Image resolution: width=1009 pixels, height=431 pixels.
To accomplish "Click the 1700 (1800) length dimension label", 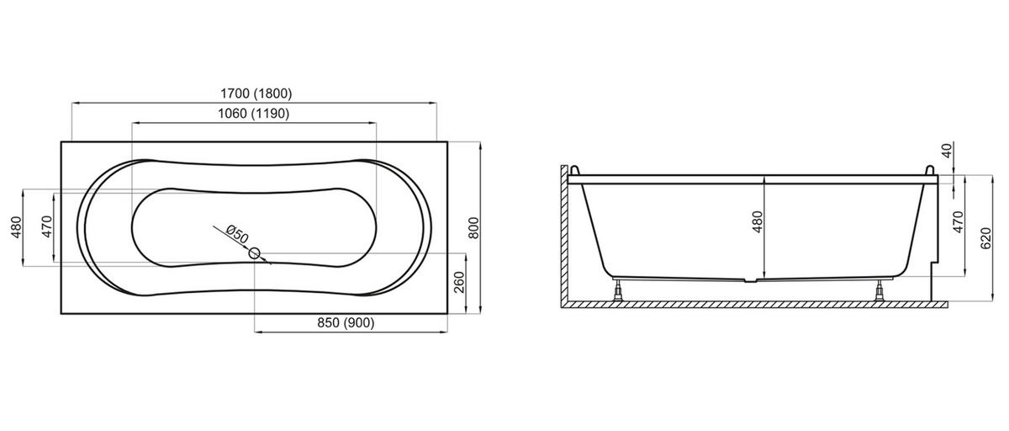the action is click(256, 93).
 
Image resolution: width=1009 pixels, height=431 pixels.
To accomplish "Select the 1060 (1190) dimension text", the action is click(254, 113).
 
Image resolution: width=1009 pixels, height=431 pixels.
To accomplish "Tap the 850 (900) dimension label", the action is click(346, 322).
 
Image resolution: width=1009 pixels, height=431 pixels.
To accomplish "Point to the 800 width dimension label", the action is click(473, 228).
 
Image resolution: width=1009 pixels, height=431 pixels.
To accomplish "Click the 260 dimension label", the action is click(459, 282).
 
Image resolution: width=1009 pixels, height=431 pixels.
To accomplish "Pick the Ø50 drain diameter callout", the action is click(237, 234).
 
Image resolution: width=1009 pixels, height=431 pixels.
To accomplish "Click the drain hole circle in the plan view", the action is click(254, 253).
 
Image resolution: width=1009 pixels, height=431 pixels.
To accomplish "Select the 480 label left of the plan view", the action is click(16, 227).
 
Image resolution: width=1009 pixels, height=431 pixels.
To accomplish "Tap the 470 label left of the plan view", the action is click(47, 226).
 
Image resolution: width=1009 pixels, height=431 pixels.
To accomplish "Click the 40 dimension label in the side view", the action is click(948, 150).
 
